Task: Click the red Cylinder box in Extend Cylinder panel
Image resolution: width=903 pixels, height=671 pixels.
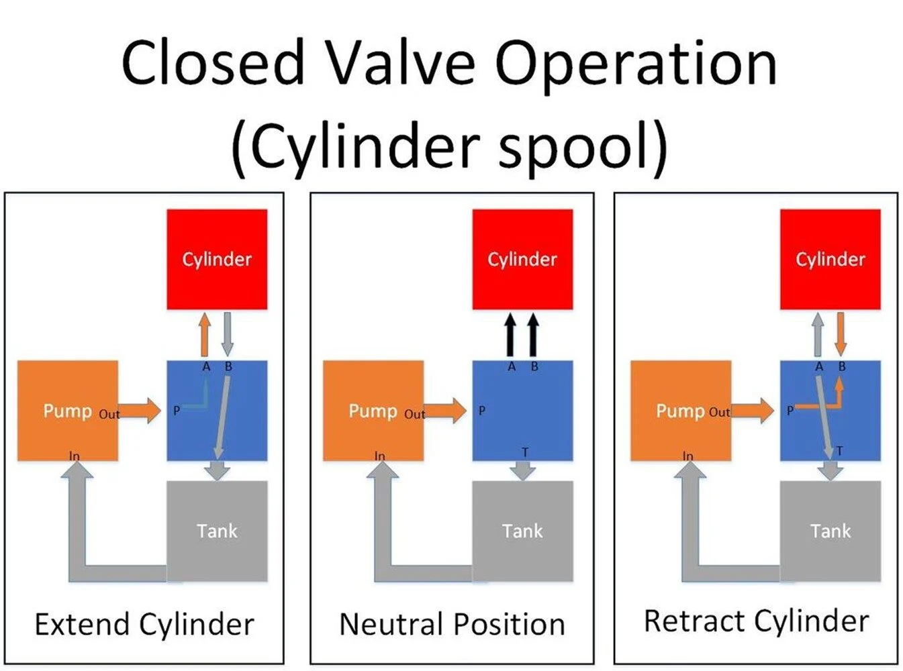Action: tap(217, 259)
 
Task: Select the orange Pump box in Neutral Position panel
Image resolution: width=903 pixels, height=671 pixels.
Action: tap(373, 410)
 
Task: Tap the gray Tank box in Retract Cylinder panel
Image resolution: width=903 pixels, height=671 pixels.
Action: tap(830, 531)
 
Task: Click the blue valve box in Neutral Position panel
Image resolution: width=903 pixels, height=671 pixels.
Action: tap(523, 410)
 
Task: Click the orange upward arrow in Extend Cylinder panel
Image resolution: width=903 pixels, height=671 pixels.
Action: tap(205, 334)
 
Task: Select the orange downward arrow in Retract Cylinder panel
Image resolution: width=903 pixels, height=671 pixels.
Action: tap(841, 334)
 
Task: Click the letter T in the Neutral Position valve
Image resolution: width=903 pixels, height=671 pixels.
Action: tap(525, 452)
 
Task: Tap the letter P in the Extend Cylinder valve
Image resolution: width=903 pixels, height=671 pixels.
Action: tap(177, 411)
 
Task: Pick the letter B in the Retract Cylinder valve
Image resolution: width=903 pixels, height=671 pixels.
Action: tap(842, 366)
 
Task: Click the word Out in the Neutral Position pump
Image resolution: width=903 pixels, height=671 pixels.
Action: tap(415, 414)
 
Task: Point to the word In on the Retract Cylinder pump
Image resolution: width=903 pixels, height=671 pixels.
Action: tap(687, 456)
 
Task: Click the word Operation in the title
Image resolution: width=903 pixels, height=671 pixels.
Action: tap(636, 65)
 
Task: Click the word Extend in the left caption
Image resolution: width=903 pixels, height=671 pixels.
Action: tap(82, 625)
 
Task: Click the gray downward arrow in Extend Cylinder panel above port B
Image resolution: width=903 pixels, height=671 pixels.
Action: tap(228, 334)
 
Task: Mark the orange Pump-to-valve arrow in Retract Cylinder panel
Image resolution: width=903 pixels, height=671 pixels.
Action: tap(753, 411)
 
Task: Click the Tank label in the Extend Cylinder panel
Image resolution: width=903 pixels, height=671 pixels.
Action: tap(217, 531)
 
